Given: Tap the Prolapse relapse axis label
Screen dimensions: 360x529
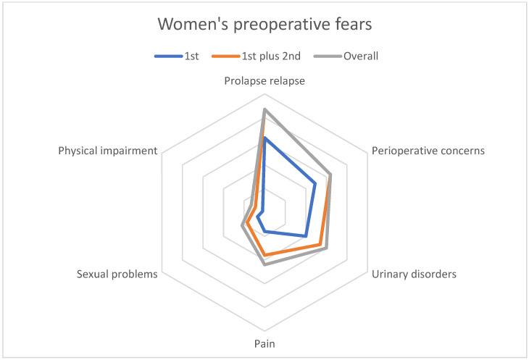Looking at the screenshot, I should tap(264, 82).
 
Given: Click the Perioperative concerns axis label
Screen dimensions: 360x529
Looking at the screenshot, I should tap(428, 151).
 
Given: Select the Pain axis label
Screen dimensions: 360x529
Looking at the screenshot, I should tap(264, 343).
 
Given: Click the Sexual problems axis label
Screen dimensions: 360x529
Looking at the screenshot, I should tap(117, 275).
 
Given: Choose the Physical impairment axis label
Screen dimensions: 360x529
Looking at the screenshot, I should tap(108, 151).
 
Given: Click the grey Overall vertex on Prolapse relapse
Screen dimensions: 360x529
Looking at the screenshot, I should tap(264, 109).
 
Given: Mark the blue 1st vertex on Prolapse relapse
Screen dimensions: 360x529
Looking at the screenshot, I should tap(264, 138).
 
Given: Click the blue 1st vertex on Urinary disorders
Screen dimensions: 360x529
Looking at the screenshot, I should tap(306, 236).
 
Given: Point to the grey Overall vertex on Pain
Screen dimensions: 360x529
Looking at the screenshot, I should tap(264, 264).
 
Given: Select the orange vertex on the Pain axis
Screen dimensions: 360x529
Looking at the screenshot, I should tap(264, 255).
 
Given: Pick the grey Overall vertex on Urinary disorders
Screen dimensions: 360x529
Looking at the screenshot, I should tap(326, 248).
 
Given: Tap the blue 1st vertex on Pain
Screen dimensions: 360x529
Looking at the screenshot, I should tap(264, 232).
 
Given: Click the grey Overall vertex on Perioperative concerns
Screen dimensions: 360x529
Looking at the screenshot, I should tap(330, 175).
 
